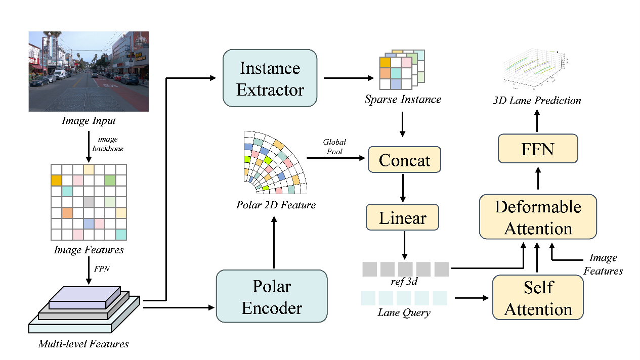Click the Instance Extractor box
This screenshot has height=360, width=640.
click(270, 78)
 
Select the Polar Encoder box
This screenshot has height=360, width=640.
click(272, 297)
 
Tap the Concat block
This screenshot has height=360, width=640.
click(404, 160)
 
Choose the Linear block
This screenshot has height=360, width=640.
click(403, 218)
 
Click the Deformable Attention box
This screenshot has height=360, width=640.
click(538, 217)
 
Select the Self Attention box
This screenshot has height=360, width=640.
click(538, 298)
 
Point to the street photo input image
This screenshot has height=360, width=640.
click(89, 71)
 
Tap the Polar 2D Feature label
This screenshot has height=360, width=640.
click(276, 205)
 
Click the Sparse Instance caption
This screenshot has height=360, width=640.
click(403, 99)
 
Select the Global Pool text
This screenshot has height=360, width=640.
click(334, 147)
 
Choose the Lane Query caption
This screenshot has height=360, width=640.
click(404, 312)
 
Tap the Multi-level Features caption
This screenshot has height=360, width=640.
click(83, 344)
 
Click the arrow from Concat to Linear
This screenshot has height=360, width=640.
click(403, 189)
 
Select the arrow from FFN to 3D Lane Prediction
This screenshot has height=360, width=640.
click(537, 121)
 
